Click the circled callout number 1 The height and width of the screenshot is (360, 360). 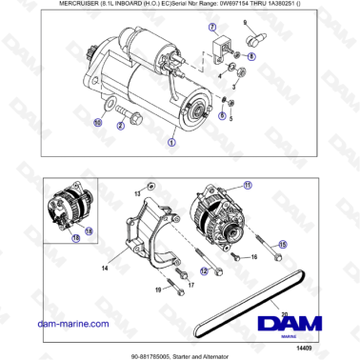tap(171, 141)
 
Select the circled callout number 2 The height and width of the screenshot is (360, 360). tap(121, 125)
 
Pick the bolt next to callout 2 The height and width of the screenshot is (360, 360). tap(137, 120)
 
